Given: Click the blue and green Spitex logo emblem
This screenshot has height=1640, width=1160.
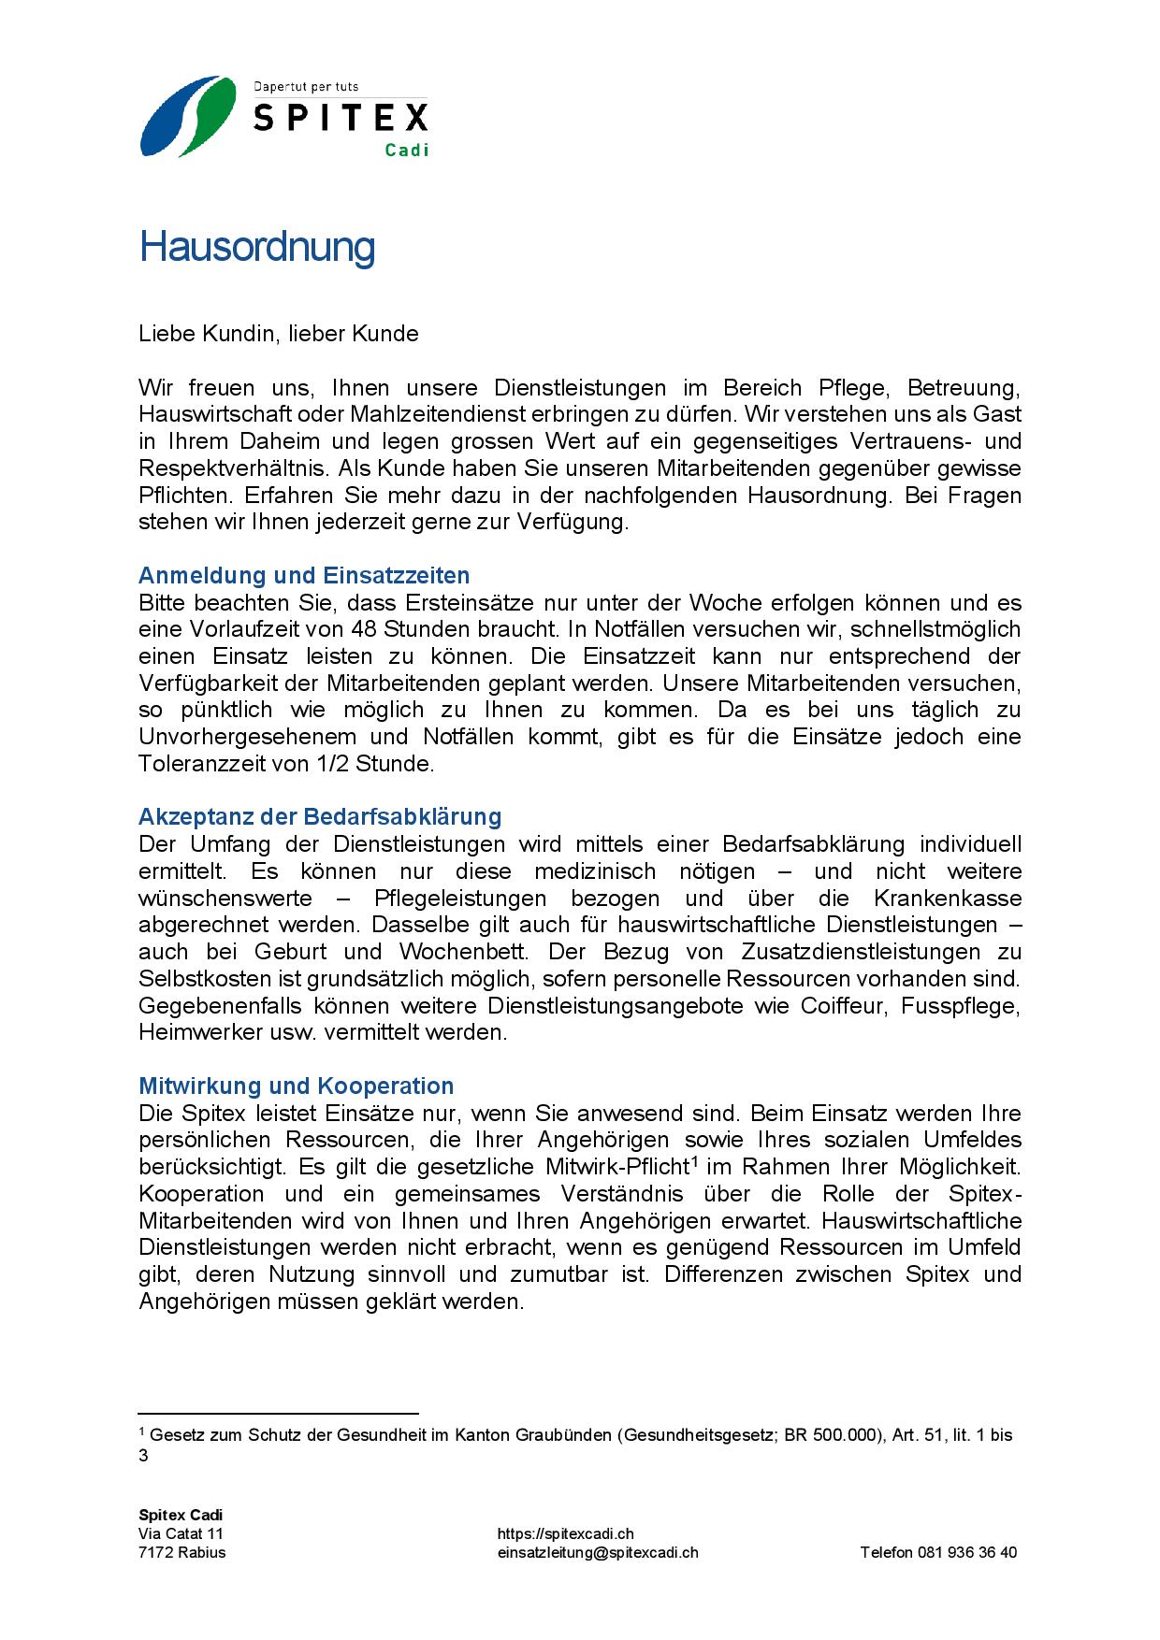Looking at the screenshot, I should click(x=187, y=117).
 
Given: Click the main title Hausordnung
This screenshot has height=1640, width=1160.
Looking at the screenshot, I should click(x=257, y=247).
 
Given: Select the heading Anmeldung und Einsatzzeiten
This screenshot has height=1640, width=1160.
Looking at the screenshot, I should click(x=304, y=575).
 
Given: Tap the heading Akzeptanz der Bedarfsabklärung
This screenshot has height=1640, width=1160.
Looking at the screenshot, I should click(x=320, y=816).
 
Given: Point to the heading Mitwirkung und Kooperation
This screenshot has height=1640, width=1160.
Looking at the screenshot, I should click(x=296, y=1086).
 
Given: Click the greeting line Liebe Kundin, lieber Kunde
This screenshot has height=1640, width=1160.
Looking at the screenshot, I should click(x=279, y=334).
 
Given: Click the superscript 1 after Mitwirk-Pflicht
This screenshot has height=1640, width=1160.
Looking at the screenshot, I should click(x=695, y=1162).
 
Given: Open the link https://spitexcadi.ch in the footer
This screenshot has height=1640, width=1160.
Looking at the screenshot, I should click(x=566, y=1533).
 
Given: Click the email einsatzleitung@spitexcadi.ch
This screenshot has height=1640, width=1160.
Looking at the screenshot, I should click(x=598, y=1552).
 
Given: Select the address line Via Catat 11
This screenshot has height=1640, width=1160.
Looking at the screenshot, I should click(x=181, y=1533).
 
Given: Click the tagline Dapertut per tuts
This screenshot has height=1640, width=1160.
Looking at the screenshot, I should click(x=306, y=87).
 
